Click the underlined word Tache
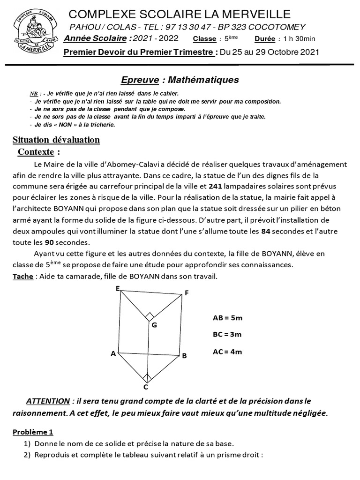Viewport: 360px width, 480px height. point(22,276)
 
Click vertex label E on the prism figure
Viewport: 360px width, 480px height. point(118,288)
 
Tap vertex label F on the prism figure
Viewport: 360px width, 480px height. point(187,293)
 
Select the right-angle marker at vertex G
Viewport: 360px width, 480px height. point(150,316)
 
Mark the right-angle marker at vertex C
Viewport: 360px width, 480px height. point(147,377)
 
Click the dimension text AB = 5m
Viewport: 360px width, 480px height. point(227,318)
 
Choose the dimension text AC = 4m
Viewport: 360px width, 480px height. point(227,352)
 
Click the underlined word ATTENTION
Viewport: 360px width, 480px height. point(48,401)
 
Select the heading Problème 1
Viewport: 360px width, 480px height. point(33,432)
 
